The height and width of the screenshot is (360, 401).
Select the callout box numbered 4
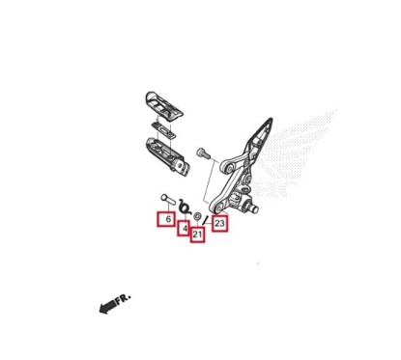185,229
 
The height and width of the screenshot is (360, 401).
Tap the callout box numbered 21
197,235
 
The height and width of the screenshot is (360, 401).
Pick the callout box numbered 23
219,224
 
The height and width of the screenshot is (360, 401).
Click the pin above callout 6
166,201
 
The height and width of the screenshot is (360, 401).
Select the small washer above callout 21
198,215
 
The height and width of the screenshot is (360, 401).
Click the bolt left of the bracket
202,152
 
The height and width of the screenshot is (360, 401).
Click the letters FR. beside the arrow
124,299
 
